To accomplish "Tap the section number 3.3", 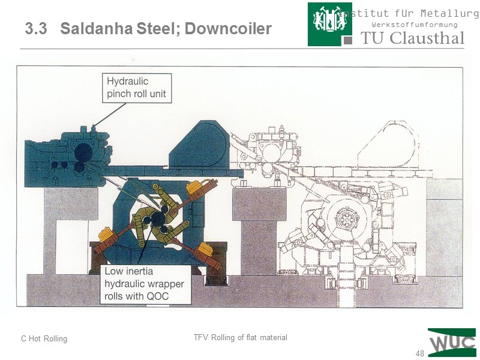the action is click(36, 29).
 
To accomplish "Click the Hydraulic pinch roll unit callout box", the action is click(137, 88).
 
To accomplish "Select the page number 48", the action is click(419, 353).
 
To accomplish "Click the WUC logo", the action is click(452, 343).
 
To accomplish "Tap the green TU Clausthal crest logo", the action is click(329, 24).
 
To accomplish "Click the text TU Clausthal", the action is click(413, 38).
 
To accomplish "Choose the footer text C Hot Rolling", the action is click(44, 339).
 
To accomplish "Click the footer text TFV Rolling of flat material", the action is click(240, 338).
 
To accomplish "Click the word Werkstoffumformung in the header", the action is click(415, 25).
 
